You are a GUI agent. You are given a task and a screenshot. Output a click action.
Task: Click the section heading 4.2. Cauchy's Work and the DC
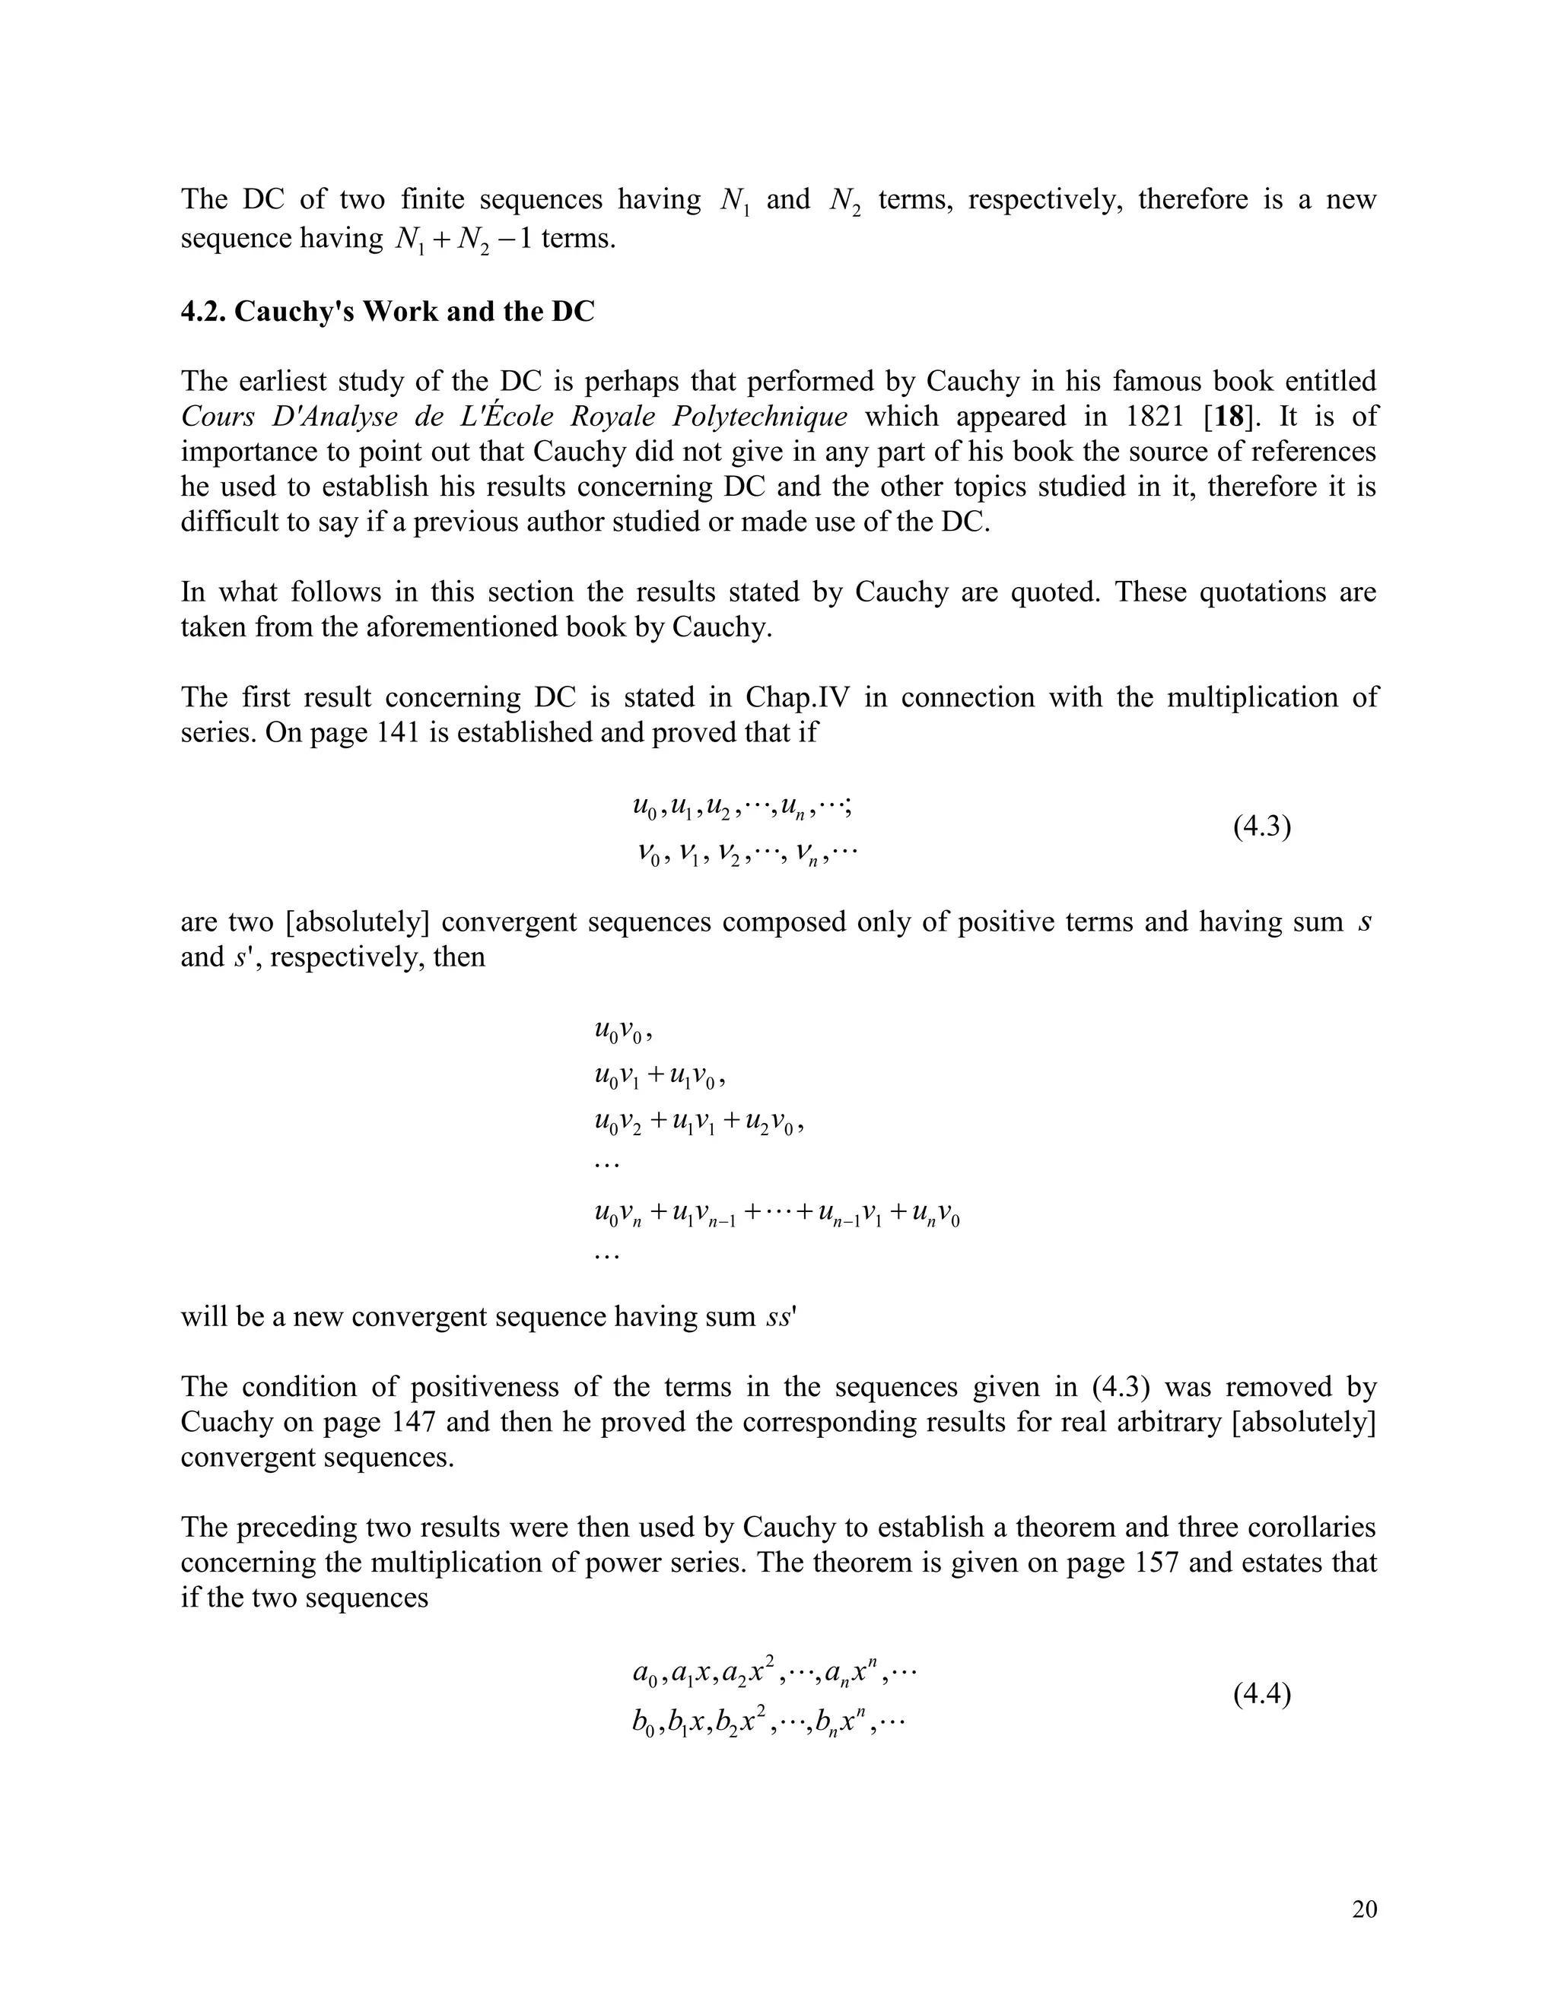tap(388, 312)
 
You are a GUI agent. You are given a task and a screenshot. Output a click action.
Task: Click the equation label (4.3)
tap(1262, 827)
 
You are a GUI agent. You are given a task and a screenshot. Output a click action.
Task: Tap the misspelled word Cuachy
tap(225, 1422)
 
